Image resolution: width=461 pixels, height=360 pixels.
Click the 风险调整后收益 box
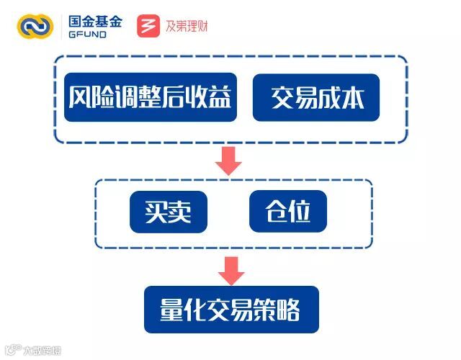(x=151, y=97)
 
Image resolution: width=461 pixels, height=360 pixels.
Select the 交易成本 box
(x=316, y=97)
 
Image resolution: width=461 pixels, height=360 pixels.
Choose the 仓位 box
(x=288, y=212)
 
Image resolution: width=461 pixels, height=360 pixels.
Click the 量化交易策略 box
(x=230, y=310)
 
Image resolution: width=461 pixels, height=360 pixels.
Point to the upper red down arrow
(x=229, y=160)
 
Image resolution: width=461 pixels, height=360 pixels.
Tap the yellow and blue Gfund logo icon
(x=35, y=26)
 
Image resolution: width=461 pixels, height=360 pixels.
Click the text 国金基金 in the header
(x=95, y=21)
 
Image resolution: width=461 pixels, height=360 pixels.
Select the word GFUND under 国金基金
(x=87, y=35)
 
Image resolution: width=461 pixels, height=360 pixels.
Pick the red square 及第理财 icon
(x=149, y=26)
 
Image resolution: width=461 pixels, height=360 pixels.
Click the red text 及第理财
(x=187, y=27)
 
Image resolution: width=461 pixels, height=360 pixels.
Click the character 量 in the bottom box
(x=171, y=310)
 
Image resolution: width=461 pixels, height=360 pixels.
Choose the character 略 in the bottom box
(x=290, y=310)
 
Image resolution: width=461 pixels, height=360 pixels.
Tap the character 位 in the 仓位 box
(x=301, y=212)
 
